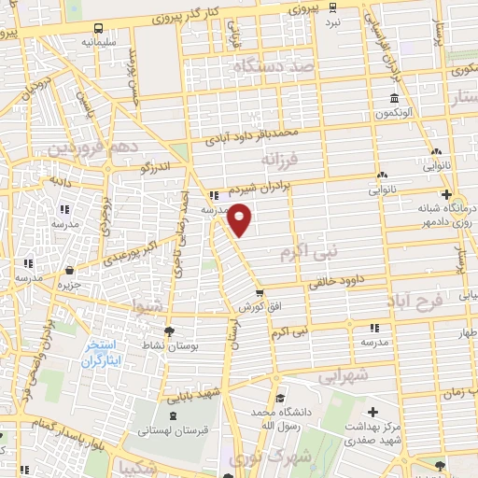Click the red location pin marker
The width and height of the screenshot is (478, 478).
point(241,218)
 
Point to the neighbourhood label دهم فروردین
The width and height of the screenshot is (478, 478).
point(93,148)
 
